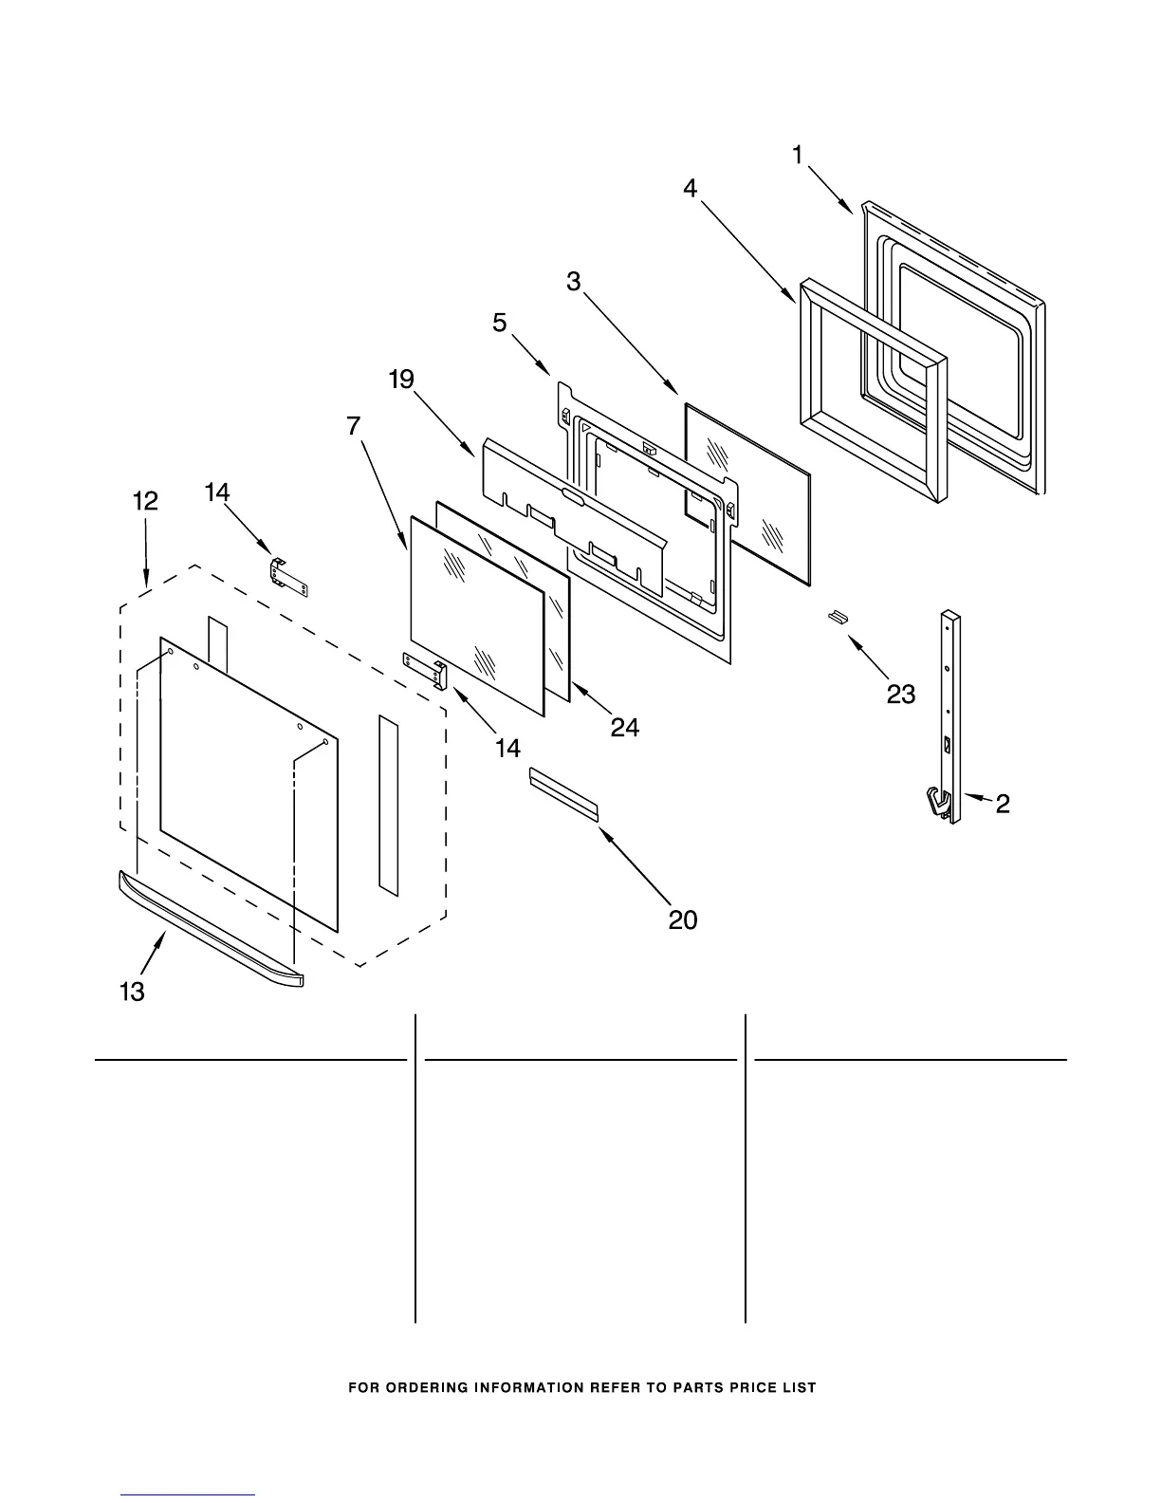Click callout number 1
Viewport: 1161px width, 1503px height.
(x=798, y=155)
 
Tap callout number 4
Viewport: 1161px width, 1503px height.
(x=691, y=189)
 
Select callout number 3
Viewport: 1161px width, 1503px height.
(x=575, y=281)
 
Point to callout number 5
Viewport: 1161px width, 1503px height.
(x=500, y=323)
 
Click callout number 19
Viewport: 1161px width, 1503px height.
(x=401, y=380)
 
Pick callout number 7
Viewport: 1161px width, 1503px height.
(x=354, y=426)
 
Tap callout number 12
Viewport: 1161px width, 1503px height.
(x=145, y=501)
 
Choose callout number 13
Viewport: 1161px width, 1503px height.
(x=133, y=992)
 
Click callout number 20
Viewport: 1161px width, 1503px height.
(x=683, y=918)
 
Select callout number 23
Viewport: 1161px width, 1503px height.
(x=900, y=695)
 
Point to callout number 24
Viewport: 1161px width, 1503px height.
(x=624, y=727)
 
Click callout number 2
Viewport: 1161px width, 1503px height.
(x=1003, y=805)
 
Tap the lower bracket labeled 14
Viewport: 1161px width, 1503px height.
(x=426, y=669)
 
